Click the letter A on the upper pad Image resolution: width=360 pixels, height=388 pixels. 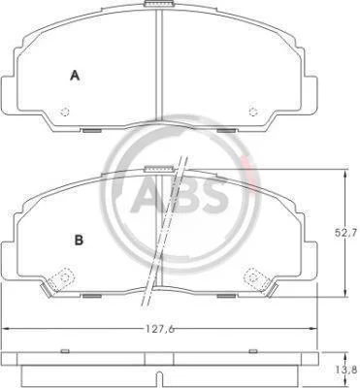tap(75, 76)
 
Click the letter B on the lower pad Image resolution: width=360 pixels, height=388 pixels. tap(79, 240)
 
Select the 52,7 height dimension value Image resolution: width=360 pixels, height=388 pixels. tap(343, 233)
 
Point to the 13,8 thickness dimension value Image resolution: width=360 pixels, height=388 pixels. tap(350, 369)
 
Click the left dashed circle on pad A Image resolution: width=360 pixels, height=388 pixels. tap(65, 112)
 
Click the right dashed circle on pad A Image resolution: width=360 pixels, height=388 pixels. tap(253, 112)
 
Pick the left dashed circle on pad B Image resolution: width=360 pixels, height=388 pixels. tap(65, 277)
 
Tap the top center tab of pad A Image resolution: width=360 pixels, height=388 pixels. tap(159, 4)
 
